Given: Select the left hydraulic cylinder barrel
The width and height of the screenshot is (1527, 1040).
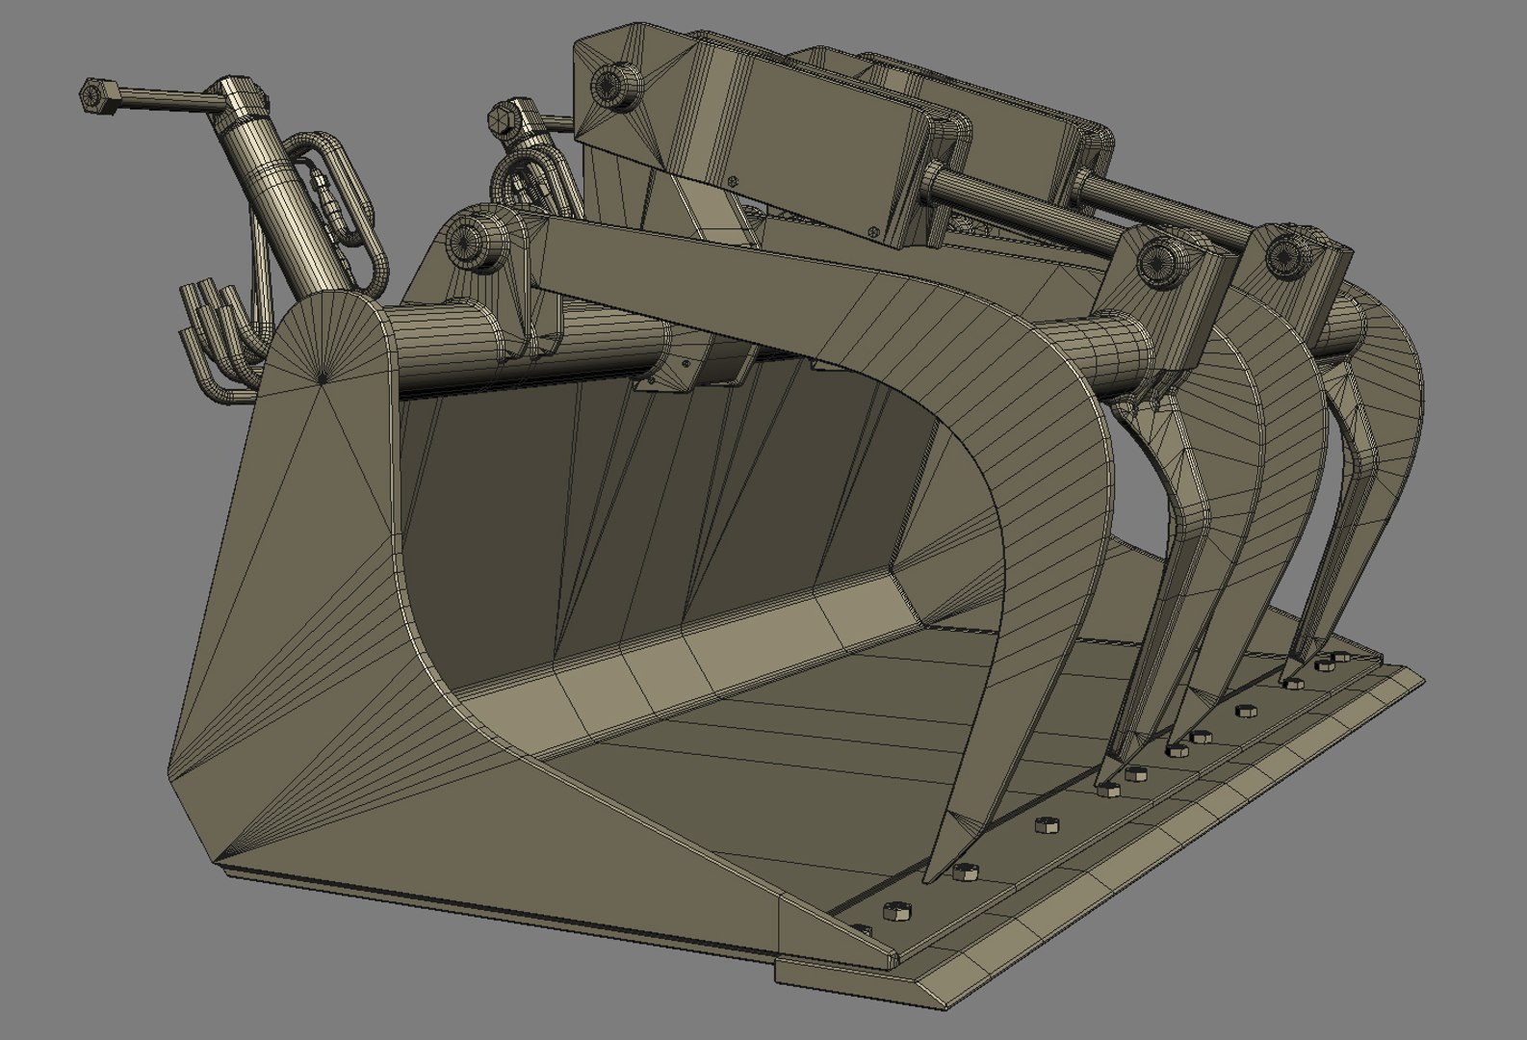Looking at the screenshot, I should [x=280, y=212].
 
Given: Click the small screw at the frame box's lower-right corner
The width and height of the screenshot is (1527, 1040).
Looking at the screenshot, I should [x=872, y=231].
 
